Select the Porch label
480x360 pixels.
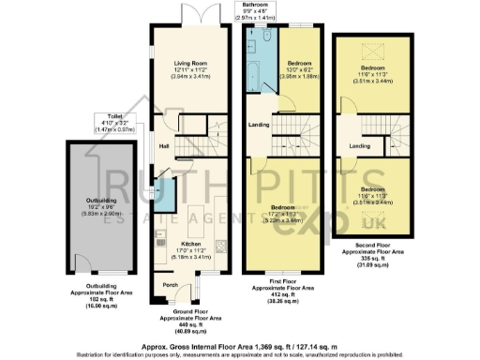click(170, 284)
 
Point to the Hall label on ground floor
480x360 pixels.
click(163, 145)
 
